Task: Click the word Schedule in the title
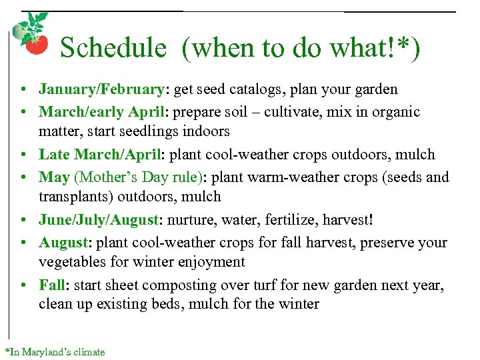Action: (113, 48)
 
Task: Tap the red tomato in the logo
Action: (36, 44)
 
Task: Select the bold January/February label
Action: (101, 89)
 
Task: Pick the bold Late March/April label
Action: (101, 155)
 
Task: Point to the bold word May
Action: (54, 177)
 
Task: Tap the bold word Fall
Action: (52, 285)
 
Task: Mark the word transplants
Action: (75, 197)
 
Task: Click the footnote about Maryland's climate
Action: (55, 351)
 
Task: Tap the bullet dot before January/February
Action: (23, 89)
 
